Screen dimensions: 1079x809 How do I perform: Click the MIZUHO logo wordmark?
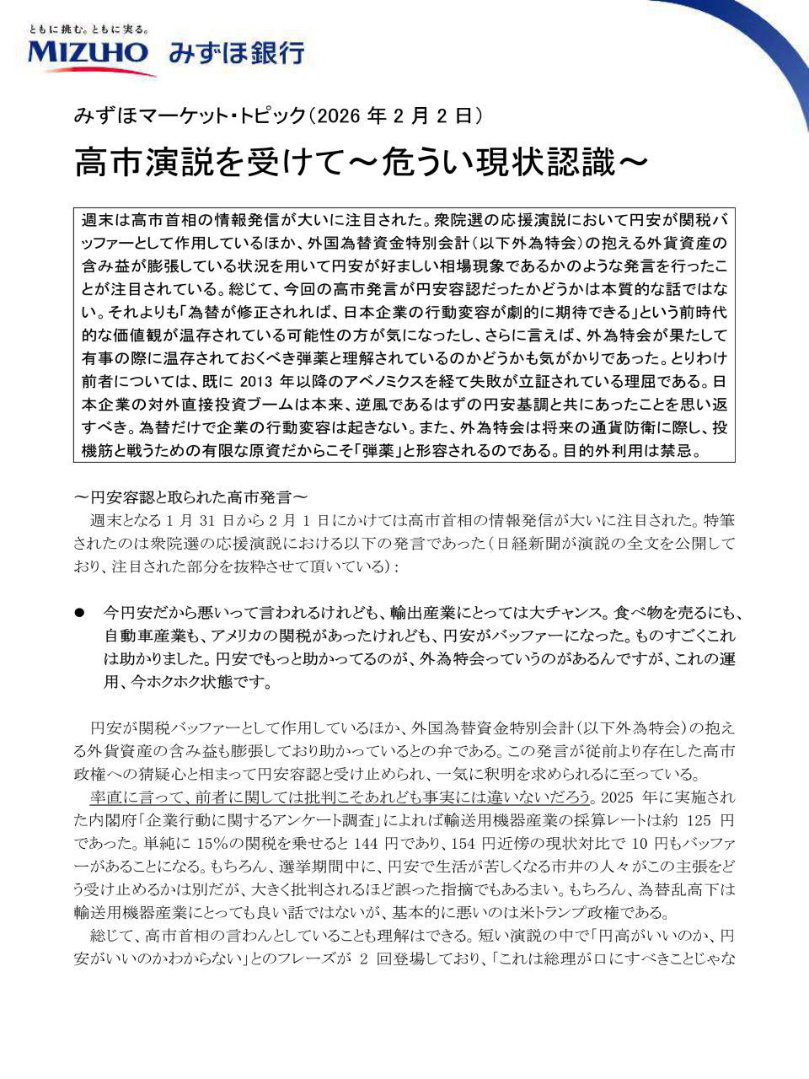pos(88,52)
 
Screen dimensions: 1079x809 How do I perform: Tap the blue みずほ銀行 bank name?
pos(236,53)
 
